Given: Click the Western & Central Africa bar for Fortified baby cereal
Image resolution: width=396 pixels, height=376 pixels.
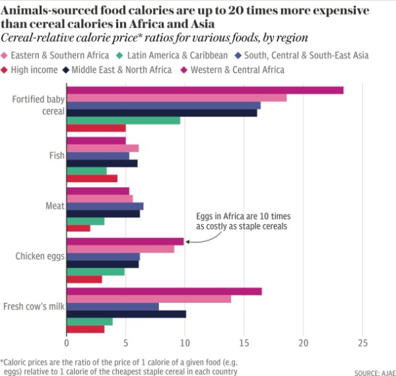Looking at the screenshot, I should pyautogui.click(x=205, y=90).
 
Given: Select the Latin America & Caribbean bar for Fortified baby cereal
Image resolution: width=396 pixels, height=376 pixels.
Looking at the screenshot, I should pyautogui.click(x=123, y=120).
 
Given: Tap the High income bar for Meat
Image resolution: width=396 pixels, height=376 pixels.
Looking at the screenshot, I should pyautogui.click(x=79, y=228).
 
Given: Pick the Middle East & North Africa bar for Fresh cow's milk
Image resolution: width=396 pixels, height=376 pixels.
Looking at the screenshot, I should pyautogui.click(x=126, y=313).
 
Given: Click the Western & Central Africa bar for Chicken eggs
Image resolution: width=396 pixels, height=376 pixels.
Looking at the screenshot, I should pyautogui.click(x=125, y=241).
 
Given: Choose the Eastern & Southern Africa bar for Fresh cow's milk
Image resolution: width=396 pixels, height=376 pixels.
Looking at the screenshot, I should pyautogui.click(x=149, y=299).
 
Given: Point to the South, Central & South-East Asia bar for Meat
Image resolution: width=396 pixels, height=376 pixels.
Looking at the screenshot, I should pyautogui.click(x=105, y=206).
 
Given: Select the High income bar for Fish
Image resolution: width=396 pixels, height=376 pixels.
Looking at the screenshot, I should pyautogui.click(x=92, y=178).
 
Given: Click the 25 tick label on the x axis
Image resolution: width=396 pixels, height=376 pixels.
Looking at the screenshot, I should pyautogui.click(x=362, y=343).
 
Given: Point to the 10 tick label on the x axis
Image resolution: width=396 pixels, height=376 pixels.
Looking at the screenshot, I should pyautogui.click(x=185, y=343).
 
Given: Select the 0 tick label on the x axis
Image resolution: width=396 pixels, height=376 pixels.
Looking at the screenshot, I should pyautogui.click(x=67, y=343).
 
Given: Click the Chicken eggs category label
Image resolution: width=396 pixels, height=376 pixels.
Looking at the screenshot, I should pyautogui.click(x=40, y=256).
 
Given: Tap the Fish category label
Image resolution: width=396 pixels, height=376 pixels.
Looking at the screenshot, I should pyautogui.click(x=56, y=156).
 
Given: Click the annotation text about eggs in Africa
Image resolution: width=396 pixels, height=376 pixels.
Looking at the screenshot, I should pyautogui.click(x=244, y=221).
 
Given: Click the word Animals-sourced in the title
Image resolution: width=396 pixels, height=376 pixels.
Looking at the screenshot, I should pyautogui.click(x=51, y=9).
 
